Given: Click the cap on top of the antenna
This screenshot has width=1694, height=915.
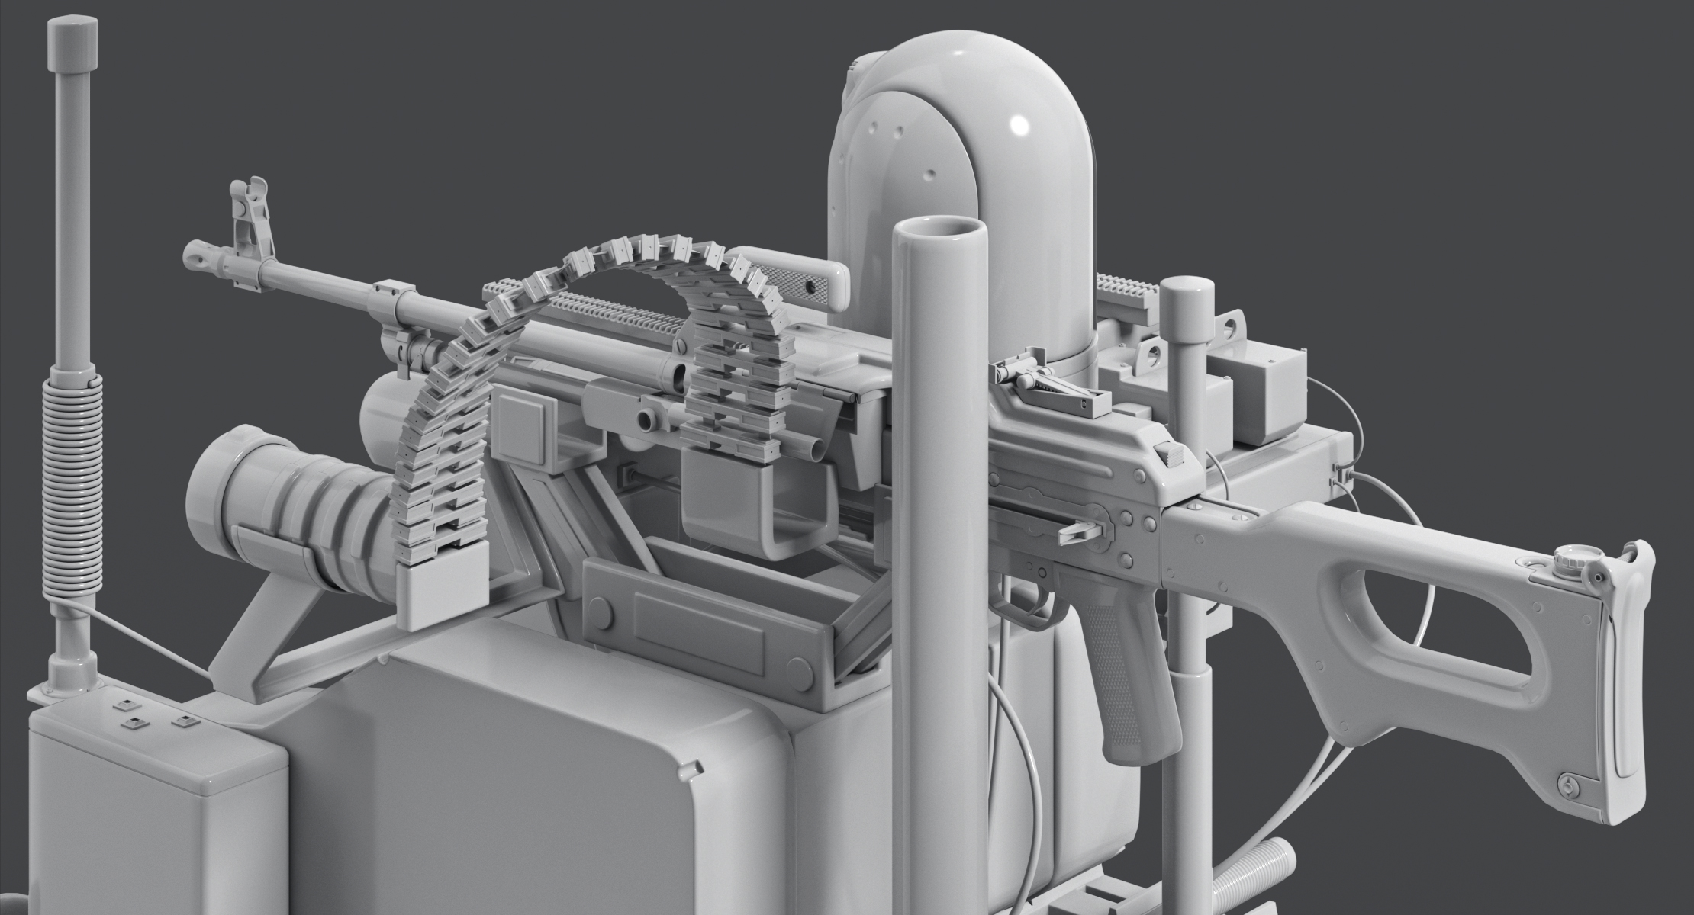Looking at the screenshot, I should [74, 43].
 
